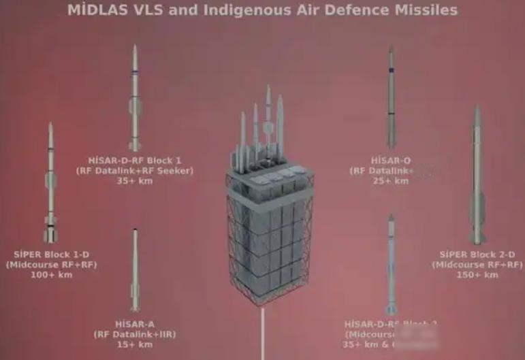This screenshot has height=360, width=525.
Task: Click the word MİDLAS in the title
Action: (96, 10)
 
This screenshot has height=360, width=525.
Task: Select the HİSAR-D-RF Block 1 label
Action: (135, 161)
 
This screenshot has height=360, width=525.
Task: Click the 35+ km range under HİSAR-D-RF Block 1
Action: (135, 180)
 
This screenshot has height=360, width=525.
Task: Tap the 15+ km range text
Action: (136, 344)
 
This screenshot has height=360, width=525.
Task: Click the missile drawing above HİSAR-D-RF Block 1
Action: (136, 95)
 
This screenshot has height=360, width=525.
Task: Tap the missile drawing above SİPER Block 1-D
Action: (50, 184)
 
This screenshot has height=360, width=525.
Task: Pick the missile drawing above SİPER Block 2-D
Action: (477, 177)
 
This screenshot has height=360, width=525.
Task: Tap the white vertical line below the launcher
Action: (263, 337)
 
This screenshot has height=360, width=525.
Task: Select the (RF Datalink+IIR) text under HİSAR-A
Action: (136, 334)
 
